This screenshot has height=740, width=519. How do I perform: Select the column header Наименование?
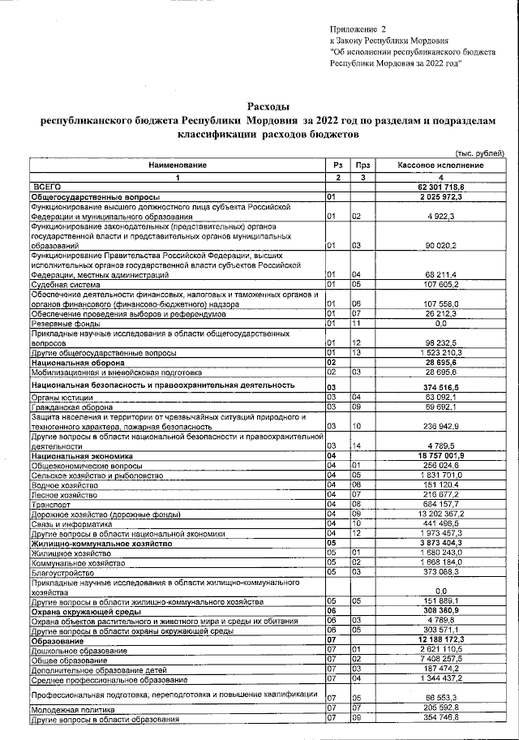coord(177,166)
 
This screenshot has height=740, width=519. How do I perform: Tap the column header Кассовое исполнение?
coord(440,166)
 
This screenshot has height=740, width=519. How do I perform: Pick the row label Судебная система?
coord(64,286)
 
